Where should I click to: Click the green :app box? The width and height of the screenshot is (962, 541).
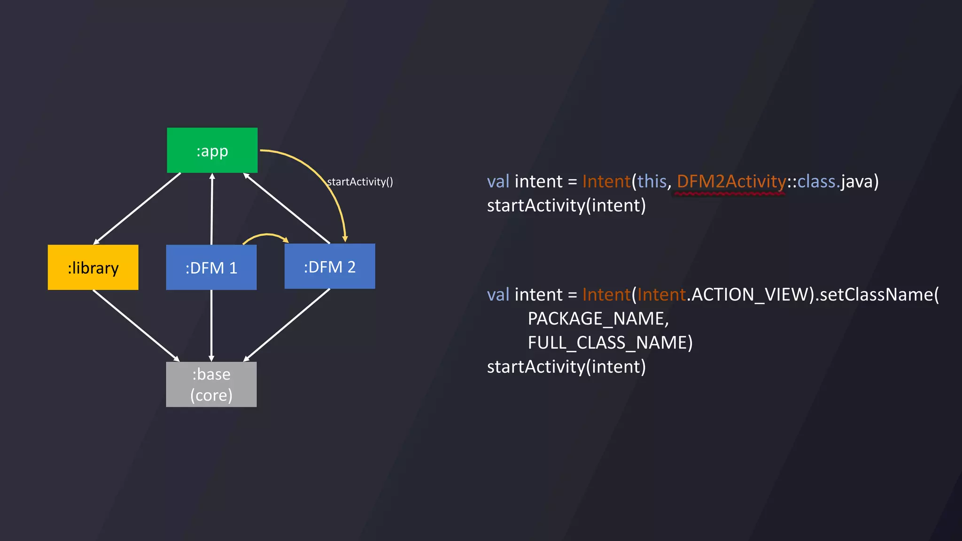click(212, 150)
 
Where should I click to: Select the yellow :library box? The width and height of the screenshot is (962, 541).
click(93, 267)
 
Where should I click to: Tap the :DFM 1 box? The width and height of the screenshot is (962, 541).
click(211, 267)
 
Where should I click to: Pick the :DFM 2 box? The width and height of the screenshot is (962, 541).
click(330, 266)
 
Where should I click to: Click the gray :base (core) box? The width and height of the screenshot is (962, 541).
click(211, 384)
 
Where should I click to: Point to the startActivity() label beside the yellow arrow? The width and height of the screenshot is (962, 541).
click(360, 182)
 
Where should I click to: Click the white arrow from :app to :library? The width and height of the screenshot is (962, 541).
click(137, 209)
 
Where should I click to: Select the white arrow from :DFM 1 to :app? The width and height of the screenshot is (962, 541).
click(212, 209)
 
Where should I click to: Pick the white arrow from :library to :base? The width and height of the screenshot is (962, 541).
click(136, 325)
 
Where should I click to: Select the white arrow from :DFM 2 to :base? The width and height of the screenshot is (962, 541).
click(287, 325)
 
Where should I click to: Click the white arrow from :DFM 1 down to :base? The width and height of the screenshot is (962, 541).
click(211, 325)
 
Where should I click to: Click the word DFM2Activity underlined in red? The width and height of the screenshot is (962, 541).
click(731, 182)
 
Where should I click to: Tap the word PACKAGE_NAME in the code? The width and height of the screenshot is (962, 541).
click(597, 319)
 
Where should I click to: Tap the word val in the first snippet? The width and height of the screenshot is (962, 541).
click(498, 182)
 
